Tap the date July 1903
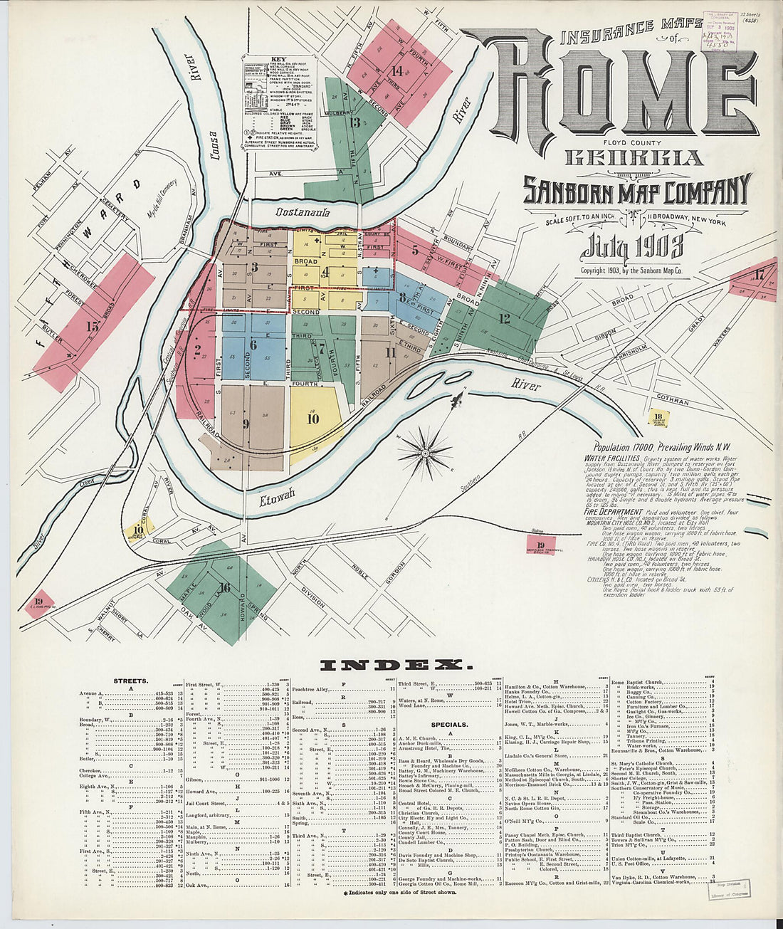pyautogui.click(x=632, y=246)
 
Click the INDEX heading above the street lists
pyautogui.click(x=396, y=665)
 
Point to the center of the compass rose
pyautogui.click(x=425, y=453)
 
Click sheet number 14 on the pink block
pyautogui.click(x=396, y=70)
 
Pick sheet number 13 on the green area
pyautogui.click(x=354, y=122)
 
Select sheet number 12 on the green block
pyautogui.click(x=504, y=318)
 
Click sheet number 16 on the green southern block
pyautogui.click(x=225, y=587)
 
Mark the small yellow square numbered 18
pyautogui.click(x=658, y=417)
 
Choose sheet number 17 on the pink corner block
pyautogui.click(x=759, y=274)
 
